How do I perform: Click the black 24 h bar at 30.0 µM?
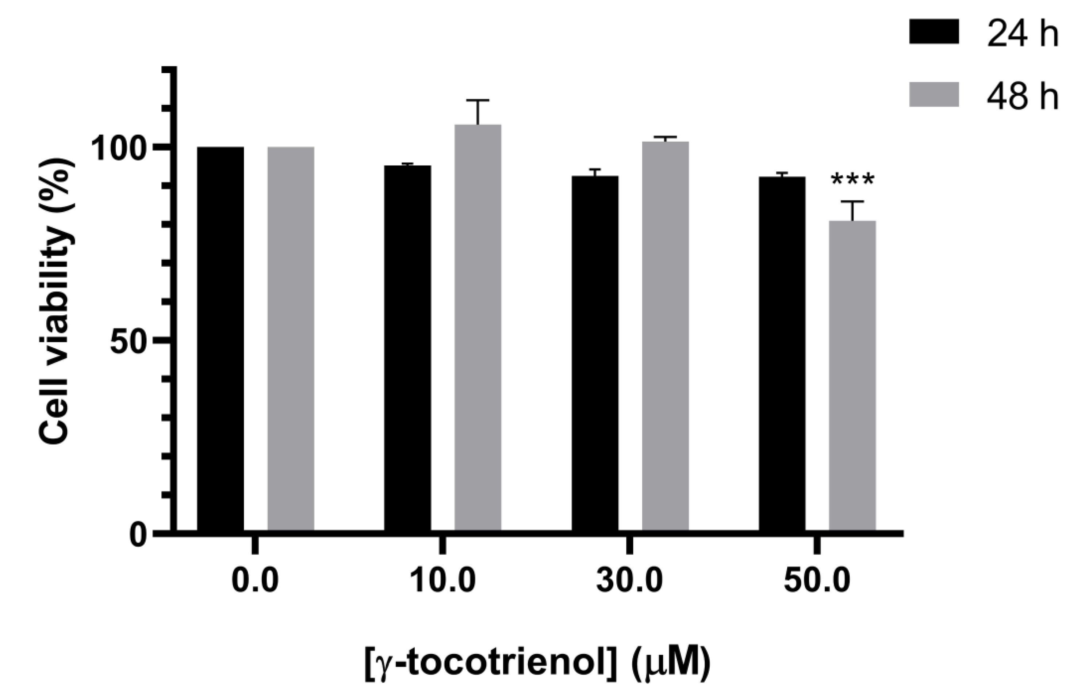click(x=595, y=353)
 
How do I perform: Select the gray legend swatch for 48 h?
click(x=934, y=95)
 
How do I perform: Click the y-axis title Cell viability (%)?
click(x=56, y=301)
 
